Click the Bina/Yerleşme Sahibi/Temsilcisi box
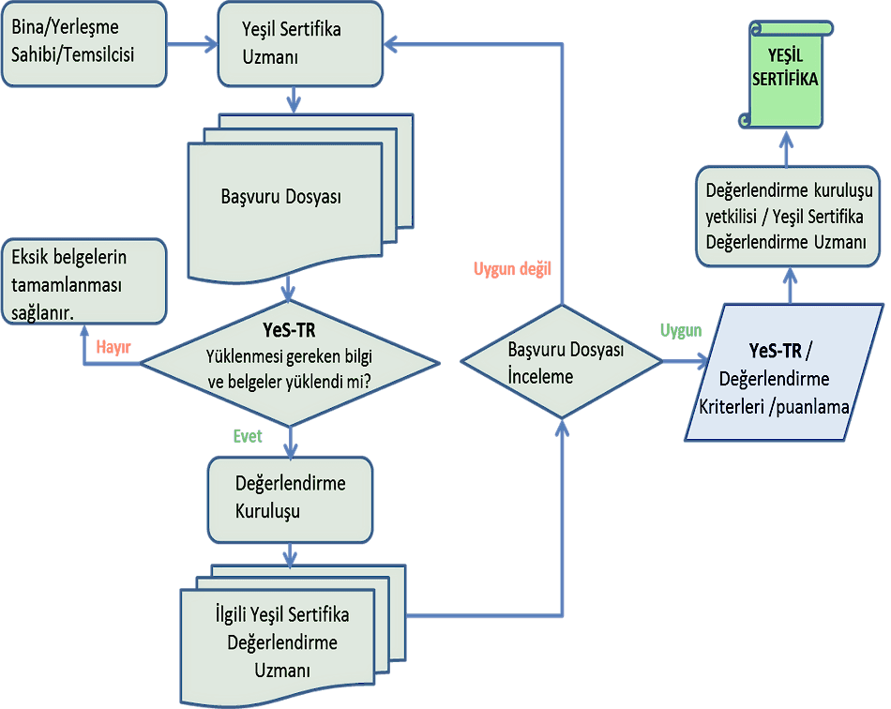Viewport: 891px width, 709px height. (x=84, y=44)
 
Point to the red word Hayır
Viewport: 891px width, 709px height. (x=113, y=347)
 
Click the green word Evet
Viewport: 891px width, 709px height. (x=248, y=436)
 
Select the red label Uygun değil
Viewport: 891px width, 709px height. (x=511, y=269)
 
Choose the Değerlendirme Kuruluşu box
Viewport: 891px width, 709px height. (x=290, y=498)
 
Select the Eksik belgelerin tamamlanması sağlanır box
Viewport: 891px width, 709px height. (x=84, y=281)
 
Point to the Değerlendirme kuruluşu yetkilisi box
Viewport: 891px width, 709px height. (x=788, y=216)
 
